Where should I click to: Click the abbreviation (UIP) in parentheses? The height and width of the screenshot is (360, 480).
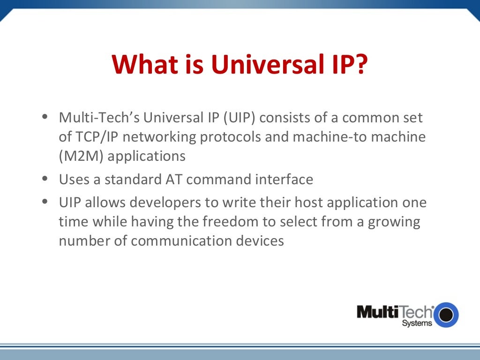click(239, 117)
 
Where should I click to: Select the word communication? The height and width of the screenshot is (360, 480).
click(184, 240)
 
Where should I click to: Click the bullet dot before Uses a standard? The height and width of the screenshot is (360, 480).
click(45, 179)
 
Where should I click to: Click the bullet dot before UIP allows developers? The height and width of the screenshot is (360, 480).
click(45, 202)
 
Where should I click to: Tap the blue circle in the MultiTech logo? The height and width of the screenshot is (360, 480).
click(446, 315)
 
